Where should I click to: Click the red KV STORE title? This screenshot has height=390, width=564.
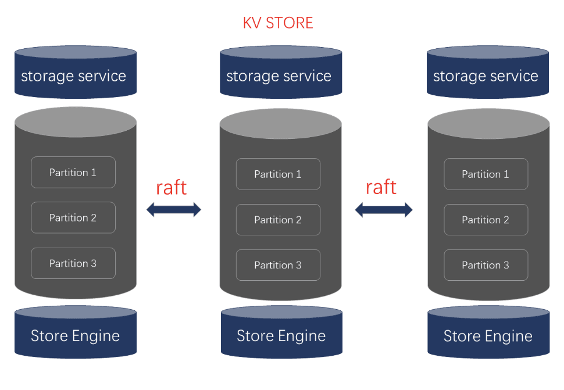(x=278, y=23)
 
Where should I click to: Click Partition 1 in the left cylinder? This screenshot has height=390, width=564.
(x=73, y=173)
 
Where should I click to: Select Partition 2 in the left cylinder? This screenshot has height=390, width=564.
(x=73, y=217)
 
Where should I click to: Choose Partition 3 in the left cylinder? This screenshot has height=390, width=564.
(x=73, y=263)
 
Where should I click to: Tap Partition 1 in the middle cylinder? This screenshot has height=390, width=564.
(x=278, y=174)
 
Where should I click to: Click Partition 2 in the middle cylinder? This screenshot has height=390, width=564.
(x=278, y=220)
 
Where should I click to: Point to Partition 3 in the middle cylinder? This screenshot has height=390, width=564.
(x=278, y=265)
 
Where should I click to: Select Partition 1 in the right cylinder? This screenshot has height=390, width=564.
(x=486, y=174)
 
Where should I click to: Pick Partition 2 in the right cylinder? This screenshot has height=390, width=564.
(x=486, y=220)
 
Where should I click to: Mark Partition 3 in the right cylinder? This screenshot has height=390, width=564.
(x=486, y=265)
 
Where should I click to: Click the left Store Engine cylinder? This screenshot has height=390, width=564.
(x=75, y=334)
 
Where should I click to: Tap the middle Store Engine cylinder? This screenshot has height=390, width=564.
(x=281, y=334)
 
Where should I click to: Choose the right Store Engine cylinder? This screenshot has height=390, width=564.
(x=488, y=334)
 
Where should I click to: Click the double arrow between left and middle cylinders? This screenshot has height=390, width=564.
(x=173, y=210)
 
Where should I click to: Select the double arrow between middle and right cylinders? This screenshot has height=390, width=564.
(x=383, y=210)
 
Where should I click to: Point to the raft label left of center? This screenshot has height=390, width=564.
(x=172, y=187)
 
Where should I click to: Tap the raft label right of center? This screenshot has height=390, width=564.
(x=381, y=187)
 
